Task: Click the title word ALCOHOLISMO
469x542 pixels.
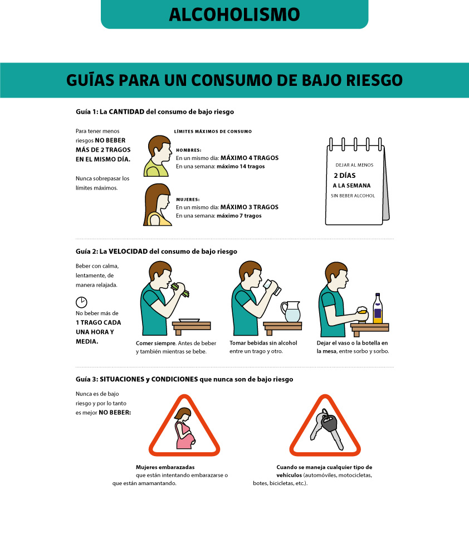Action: (234, 14)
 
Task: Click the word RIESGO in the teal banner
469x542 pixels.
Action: (374, 80)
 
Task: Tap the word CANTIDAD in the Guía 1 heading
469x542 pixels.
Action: (126, 112)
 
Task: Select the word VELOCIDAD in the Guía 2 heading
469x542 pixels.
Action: (128, 251)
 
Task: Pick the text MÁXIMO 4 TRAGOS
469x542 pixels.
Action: (250, 158)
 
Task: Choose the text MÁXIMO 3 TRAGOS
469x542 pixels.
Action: (250, 207)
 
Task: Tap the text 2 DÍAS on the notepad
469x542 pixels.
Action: (344, 176)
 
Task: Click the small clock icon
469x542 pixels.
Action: (81, 302)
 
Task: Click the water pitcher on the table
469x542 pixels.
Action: (291, 312)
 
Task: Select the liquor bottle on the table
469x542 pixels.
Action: (378, 308)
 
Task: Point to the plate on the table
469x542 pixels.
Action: (189, 321)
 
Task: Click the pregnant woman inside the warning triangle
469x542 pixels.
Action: (185, 428)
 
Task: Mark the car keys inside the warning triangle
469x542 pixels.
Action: (326, 429)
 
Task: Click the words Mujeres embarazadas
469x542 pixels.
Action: (165, 467)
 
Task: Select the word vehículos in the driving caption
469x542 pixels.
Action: (289, 475)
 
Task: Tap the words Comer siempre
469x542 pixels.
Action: (155, 343)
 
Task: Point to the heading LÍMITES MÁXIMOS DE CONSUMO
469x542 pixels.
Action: (213, 132)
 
